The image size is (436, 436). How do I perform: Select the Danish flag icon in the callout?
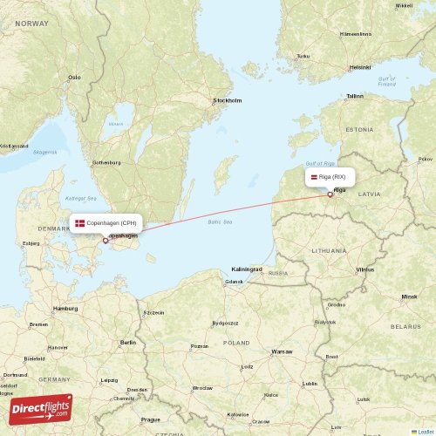[x=80, y=223]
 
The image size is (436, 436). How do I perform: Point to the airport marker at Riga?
[x=330, y=194]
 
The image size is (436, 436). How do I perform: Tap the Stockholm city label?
[x=227, y=100]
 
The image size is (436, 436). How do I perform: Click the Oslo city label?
[x=74, y=77]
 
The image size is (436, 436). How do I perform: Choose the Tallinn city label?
[x=354, y=96]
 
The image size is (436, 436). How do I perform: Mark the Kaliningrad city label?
[x=247, y=269]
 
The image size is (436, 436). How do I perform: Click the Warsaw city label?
[x=282, y=351]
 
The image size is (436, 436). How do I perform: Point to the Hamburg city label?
[x=65, y=309]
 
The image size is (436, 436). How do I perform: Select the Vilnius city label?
[x=364, y=270]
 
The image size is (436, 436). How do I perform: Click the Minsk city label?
[x=409, y=296]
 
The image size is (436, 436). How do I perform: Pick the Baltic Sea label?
[x=221, y=222]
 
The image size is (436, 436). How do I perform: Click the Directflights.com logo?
[x=41, y=407]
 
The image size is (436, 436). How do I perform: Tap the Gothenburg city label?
[x=106, y=163]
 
